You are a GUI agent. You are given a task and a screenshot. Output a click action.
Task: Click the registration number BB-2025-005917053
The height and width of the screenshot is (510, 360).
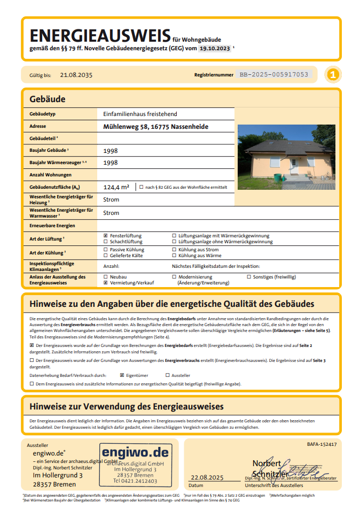tap(274, 75)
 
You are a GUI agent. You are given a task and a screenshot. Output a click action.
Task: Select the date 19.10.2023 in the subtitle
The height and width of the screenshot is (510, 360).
tap(215, 49)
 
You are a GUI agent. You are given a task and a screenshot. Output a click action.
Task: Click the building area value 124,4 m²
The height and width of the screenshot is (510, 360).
tap(116, 187)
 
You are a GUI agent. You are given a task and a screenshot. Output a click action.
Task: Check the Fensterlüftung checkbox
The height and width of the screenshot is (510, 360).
tap(105, 236)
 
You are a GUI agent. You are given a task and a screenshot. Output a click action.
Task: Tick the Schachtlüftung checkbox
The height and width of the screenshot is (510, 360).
tap(105, 242)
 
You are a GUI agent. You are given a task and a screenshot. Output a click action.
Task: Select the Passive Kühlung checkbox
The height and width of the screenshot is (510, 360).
tap(105, 250)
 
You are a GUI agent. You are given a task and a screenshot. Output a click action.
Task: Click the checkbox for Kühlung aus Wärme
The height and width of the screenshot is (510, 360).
tap(174, 256)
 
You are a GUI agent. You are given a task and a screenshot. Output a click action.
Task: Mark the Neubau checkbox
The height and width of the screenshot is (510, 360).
tap(105, 277)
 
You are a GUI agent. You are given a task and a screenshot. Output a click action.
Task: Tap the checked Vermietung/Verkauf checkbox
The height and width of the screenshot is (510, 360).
tap(105, 283)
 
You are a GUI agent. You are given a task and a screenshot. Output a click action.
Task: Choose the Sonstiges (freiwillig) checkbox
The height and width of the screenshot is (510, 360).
tap(249, 277)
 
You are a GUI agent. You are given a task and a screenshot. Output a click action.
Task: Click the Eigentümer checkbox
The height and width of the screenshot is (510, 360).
tap(122, 375)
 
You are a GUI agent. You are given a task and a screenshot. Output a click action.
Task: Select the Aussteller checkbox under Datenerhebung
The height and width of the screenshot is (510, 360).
tap(174, 375)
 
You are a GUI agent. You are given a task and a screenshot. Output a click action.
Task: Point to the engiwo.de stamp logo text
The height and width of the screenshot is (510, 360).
tap(136, 453)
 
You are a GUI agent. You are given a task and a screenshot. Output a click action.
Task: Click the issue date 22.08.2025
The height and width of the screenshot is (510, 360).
tap(208, 477)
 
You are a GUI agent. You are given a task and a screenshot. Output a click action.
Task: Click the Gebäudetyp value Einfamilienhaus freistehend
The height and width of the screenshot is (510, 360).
tap(140, 114)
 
